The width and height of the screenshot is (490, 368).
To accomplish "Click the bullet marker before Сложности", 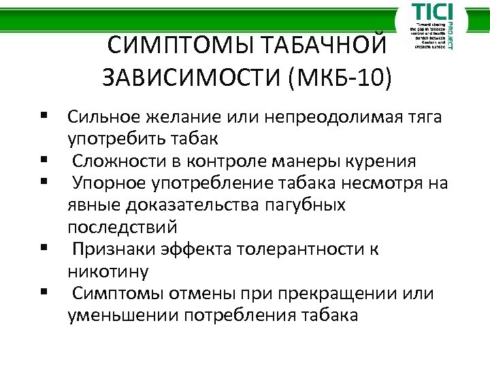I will [x=43, y=162].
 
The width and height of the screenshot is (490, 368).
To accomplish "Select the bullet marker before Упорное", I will [x=43, y=183].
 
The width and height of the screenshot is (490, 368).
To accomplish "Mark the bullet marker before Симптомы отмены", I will [x=43, y=294].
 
